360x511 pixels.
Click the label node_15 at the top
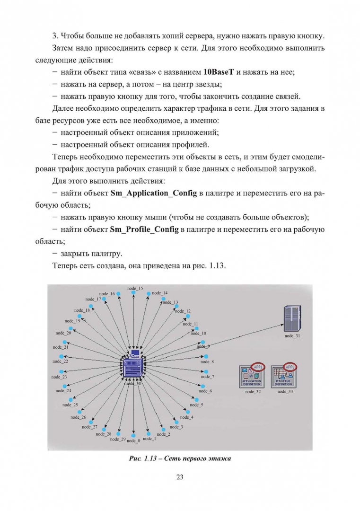pos(135,288)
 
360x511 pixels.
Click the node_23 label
pos(59,377)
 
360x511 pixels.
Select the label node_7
pos(207,377)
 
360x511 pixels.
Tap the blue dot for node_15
pos(134,293)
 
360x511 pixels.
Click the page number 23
pos(180,477)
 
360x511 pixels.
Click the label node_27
pos(89,427)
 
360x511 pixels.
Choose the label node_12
pos(183,311)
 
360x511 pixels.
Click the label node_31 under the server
pos(292,335)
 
